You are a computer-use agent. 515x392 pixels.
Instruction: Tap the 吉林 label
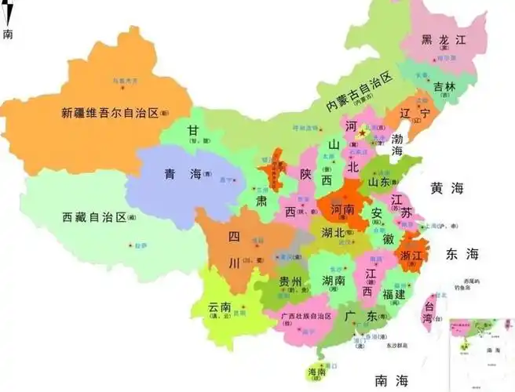(444, 85)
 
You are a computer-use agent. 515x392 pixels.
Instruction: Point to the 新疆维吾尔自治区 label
(109, 112)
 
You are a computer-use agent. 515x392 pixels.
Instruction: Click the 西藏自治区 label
(94, 216)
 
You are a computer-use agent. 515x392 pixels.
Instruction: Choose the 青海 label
(181, 174)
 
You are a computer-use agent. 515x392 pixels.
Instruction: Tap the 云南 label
(222, 307)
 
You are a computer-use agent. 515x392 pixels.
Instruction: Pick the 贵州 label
(290, 281)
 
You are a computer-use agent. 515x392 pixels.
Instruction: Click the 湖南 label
(334, 280)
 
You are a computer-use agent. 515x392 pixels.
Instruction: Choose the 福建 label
(389, 295)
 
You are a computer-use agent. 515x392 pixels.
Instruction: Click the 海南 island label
(315, 372)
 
